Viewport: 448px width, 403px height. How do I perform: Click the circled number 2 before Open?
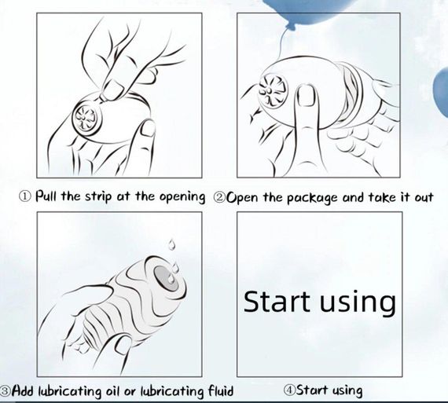coord(220,197)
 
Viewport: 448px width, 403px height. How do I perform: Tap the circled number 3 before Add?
coord(5,390)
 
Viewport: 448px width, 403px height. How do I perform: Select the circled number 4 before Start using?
coord(289,390)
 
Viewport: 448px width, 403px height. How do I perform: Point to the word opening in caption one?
coord(182,197)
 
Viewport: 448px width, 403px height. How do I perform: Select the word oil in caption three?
coord(113,390)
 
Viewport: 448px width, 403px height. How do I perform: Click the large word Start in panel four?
coord(277,302)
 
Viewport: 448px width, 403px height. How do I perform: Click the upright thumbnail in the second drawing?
coord(307,96)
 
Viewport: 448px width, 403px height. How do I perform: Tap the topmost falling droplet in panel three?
coord(171,245)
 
